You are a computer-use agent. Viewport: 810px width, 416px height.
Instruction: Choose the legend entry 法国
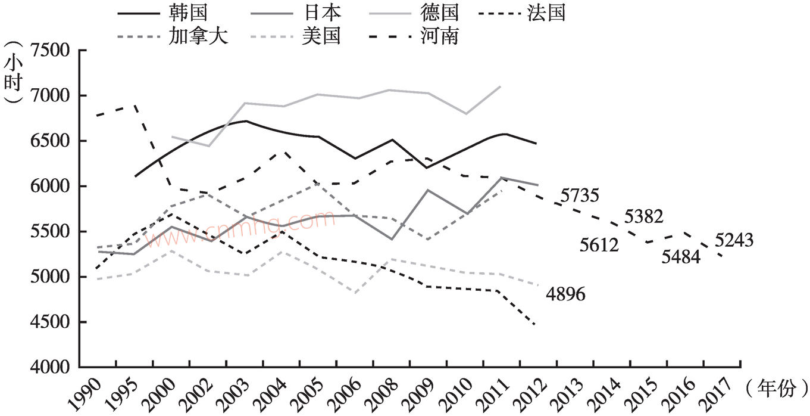pos(546,12)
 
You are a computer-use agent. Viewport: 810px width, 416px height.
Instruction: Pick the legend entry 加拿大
pos(207,36)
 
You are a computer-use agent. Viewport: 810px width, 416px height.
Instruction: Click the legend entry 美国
pos(321,36)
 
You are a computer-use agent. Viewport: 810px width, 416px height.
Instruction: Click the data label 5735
pos(578,195)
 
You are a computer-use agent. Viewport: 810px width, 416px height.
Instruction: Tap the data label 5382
pos(643,217)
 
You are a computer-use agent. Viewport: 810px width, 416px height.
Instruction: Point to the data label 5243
pos(734,240)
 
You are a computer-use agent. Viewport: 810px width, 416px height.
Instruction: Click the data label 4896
pos(565,294)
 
